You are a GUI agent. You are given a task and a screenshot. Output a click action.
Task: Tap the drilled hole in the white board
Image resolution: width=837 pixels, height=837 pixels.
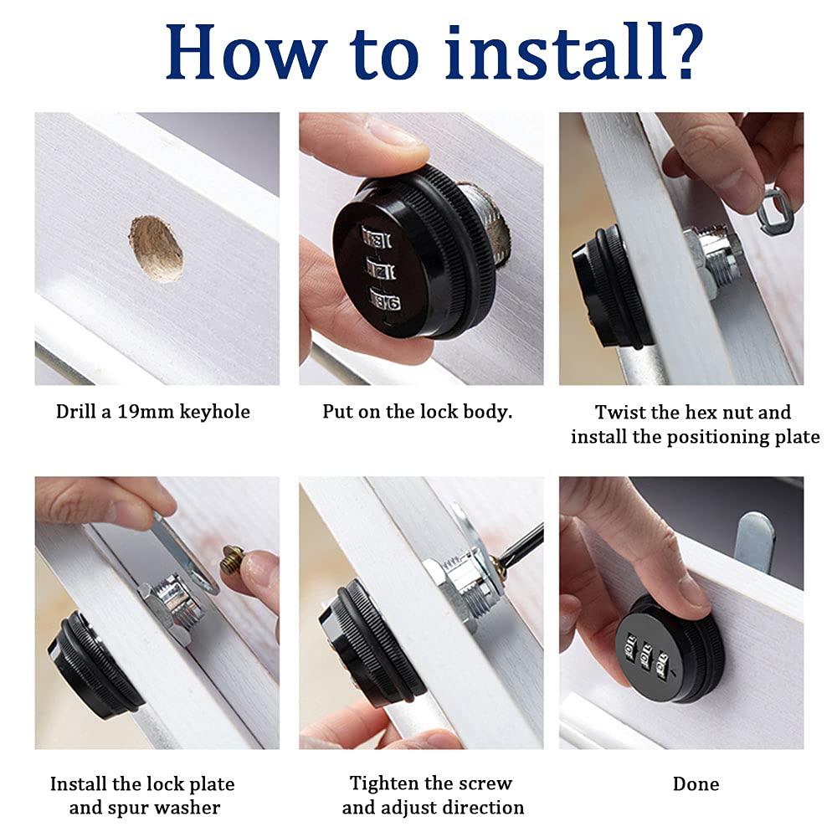tap(156, 249)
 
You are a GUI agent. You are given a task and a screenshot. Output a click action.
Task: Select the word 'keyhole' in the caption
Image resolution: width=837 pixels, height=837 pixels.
tap(214, 412)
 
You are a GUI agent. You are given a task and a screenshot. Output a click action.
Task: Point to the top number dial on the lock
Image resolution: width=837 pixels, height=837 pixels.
tap(377, 239)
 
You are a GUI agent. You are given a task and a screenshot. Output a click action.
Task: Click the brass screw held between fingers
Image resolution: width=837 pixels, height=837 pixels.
tap(234, 559)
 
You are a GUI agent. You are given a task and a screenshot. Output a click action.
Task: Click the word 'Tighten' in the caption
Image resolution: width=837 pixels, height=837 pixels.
tap(381, 783)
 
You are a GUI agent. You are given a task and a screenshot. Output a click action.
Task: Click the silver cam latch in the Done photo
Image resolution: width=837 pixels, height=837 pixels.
tap(754, 540)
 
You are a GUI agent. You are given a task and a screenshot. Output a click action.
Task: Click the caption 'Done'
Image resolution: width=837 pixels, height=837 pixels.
tap(696, 783)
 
